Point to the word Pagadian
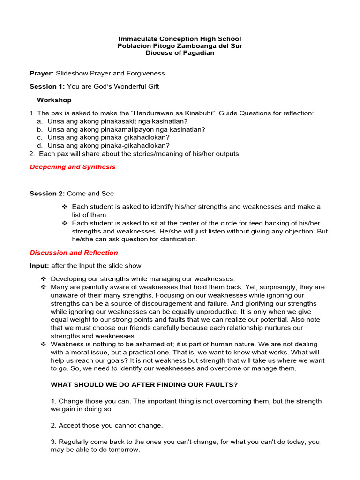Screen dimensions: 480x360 tap(197, 53)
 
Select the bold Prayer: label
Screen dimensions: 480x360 tap(42, 73)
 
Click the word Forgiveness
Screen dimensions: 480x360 tap(146, 73)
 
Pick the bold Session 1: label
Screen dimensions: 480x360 tap(47, 86)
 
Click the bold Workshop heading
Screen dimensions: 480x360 tap(54, 100)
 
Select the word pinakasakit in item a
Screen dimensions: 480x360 tap(105, 121)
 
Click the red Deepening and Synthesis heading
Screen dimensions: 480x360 tap(72, 167)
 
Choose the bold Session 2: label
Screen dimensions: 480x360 tap(47, 193)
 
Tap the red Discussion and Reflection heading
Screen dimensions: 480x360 tap(74, 253)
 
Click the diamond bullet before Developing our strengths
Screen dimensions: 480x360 tap(43, 279)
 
